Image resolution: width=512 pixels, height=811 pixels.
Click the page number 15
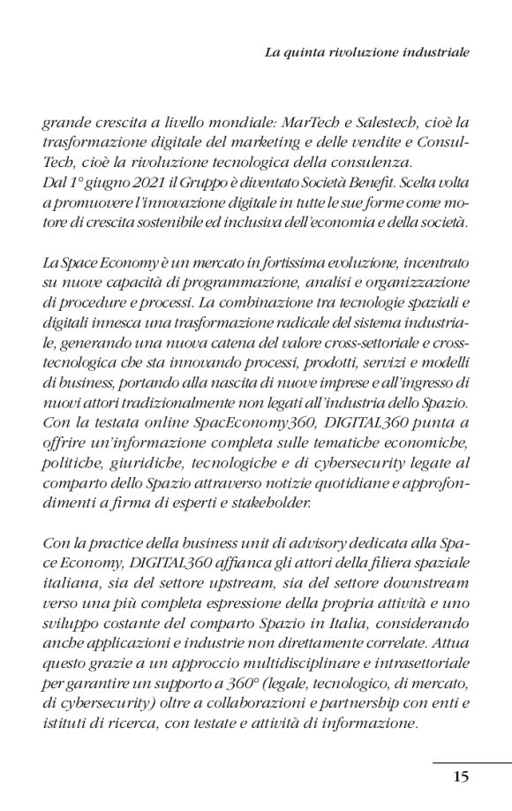pyautogui.click(x=461, y=777)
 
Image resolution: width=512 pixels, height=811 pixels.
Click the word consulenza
pyautogui.click(x=392, y=163)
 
